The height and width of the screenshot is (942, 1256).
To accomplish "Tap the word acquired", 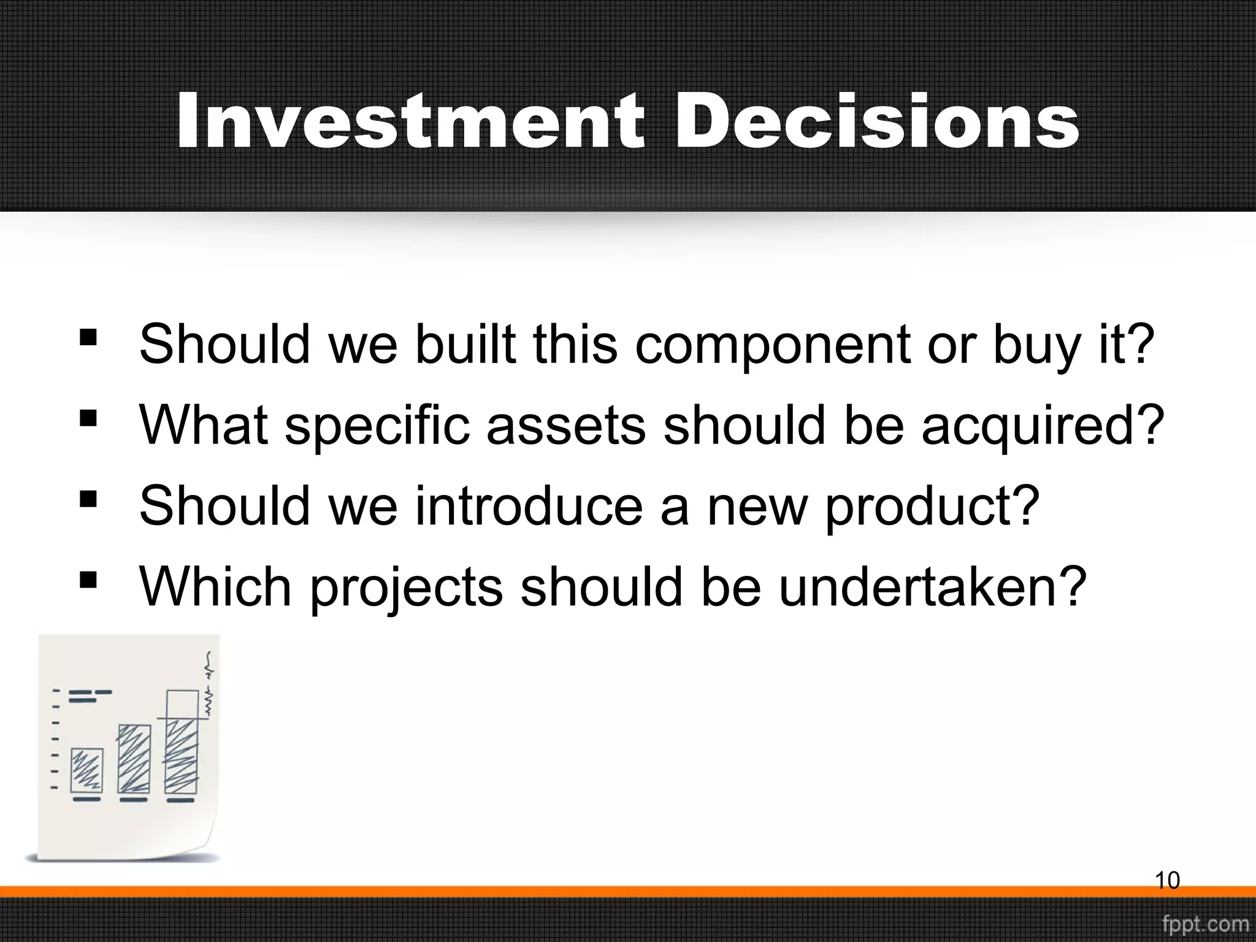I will [x=1043, y=426].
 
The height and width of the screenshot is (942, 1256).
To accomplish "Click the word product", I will [x=932, y=508].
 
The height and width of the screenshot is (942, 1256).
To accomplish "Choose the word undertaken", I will [x=932, y=587].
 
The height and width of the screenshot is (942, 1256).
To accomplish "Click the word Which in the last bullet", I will [x=215, y=587].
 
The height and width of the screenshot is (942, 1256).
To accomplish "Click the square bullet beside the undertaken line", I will [x=88, y=580].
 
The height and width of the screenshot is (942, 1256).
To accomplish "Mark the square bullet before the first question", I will [x=88, y=337].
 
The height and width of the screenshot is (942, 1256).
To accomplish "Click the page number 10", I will [x=1167, y=881].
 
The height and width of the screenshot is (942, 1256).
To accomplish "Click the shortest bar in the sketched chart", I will [x=86, y=770].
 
